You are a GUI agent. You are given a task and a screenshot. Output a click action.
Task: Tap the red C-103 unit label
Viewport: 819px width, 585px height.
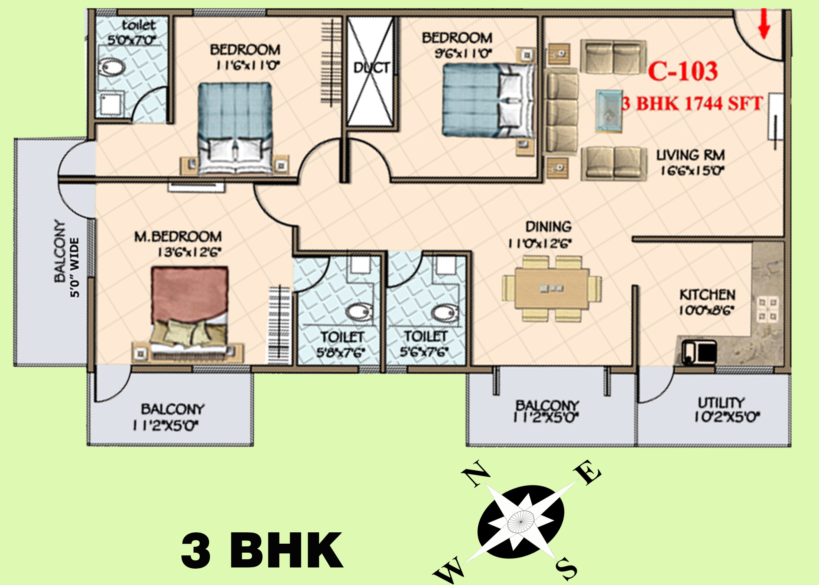point(682,71)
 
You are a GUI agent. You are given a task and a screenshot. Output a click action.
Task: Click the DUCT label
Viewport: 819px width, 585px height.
point(371,68)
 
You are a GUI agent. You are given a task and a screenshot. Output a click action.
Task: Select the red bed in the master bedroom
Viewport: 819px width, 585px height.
point(190,312)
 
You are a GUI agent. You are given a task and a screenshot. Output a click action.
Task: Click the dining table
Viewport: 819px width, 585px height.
point(551,288)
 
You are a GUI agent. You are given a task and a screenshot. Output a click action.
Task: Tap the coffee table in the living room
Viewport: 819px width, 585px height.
point(608,111)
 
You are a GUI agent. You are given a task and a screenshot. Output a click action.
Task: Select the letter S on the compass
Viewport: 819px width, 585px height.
point(566,569)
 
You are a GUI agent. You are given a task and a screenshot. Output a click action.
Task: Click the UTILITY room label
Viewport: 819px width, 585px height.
point(721,402)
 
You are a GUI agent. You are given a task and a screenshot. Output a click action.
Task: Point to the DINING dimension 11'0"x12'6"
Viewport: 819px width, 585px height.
point(540,244)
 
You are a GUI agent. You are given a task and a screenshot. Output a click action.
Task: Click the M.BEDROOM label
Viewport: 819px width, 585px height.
point(178,236)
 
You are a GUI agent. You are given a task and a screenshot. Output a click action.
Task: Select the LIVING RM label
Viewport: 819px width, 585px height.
point(690,155)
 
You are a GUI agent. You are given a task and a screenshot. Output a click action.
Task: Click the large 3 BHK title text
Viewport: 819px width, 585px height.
point(262,550)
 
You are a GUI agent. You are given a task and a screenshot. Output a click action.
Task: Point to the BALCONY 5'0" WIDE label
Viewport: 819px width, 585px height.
point(66,258)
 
